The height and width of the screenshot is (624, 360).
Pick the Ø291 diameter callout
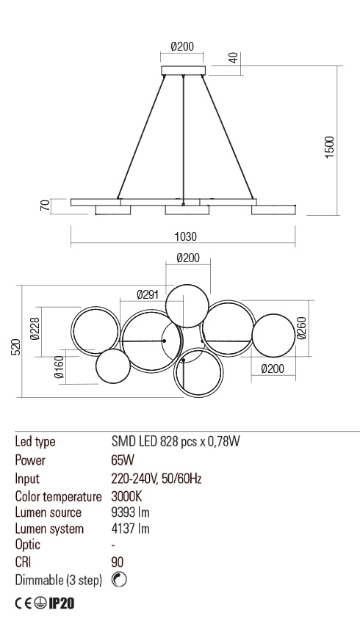(148, 294)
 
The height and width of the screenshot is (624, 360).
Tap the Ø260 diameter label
(302, 328)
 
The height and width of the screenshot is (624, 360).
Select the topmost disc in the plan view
(187, 304)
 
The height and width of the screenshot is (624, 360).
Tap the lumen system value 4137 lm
(131, 529)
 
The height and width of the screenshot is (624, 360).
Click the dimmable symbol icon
(120, 580)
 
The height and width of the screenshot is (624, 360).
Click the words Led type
(35, 442)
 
